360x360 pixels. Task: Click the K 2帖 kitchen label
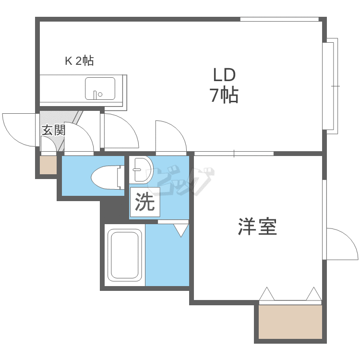point(79,61)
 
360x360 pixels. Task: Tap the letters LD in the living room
point(224,75)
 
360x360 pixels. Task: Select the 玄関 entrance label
point(53,130)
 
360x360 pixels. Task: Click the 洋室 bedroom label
point(257,227)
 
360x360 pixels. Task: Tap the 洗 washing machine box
point(145,202)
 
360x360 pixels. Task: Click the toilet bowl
point(105,178)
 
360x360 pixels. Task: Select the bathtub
point(125,255)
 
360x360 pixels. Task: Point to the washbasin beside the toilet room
point(141,169)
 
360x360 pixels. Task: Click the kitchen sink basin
point(100,89)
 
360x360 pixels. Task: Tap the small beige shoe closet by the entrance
point(48,165)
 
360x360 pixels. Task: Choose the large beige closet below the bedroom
point(290,322)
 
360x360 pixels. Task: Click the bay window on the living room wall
point(331,86)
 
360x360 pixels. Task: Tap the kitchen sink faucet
point(95,95)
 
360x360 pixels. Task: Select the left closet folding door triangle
point(266,293)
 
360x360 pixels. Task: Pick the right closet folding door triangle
point(313,293)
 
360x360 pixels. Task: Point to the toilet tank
point(121,178)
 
